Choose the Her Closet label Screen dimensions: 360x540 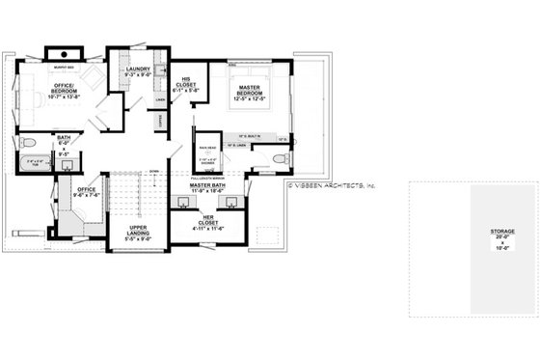pos(208,225)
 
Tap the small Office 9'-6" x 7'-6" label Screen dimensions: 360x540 pos(86,193)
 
